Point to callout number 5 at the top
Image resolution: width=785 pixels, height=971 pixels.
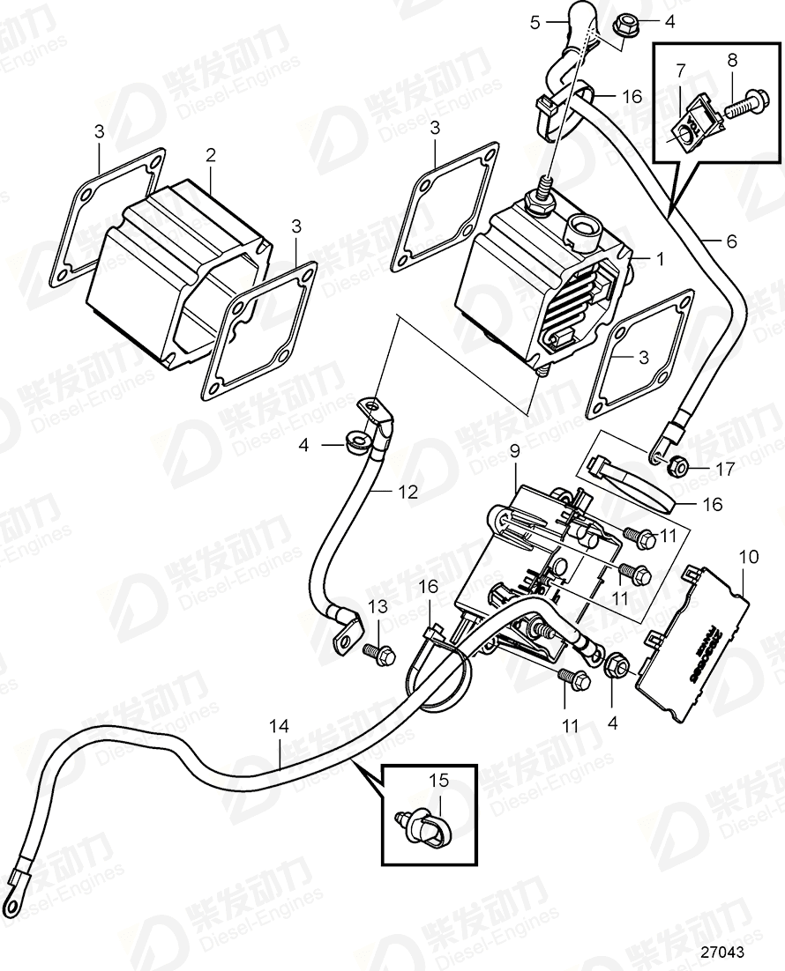click(535, 23)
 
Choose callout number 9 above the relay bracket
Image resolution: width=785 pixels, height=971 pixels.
click(515, 450)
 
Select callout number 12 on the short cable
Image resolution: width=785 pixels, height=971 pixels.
click(407, 493)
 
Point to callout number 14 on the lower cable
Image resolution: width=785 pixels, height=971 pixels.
click(279, 726)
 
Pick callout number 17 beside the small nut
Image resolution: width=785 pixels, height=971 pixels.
click(725, 470)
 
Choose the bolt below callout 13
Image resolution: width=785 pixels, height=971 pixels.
click(379, 653)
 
